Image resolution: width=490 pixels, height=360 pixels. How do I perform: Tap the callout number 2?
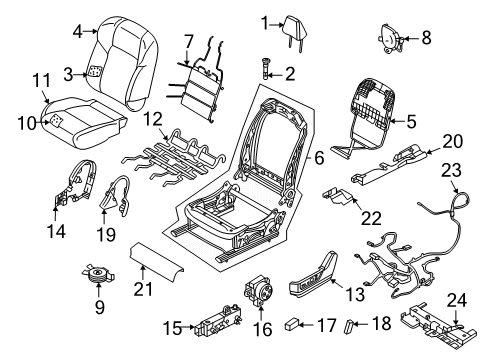(291, 73)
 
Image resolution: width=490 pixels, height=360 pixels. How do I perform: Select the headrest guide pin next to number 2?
(267, 71)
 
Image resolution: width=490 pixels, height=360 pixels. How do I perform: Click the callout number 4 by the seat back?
(78, 32)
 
